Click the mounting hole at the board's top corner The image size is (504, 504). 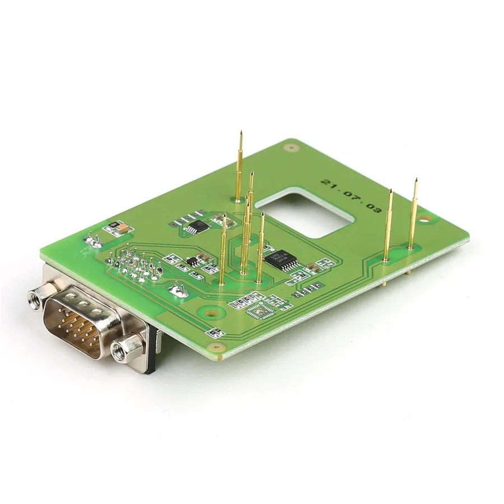click(x=290, y=148)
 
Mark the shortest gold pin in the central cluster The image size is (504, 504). click(x=260, y=246)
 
